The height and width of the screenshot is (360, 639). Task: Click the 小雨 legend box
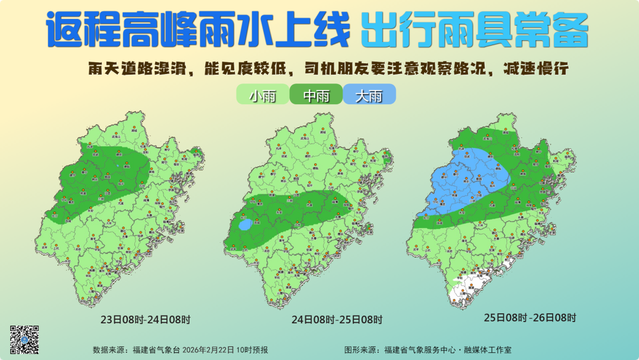[263, 95]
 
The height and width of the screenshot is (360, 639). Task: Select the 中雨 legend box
[316, 95]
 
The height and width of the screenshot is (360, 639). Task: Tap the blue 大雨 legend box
[369, 95]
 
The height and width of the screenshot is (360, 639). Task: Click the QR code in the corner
[24, 339]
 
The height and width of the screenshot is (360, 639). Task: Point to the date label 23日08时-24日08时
[146, 320]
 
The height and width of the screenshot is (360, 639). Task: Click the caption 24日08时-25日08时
[337, 320]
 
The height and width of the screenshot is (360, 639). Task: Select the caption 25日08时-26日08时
[530, 317]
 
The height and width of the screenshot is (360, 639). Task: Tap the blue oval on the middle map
[245, 225]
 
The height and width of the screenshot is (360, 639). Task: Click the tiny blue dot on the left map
[118, 166]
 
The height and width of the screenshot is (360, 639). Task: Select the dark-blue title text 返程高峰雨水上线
[198, 31]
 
